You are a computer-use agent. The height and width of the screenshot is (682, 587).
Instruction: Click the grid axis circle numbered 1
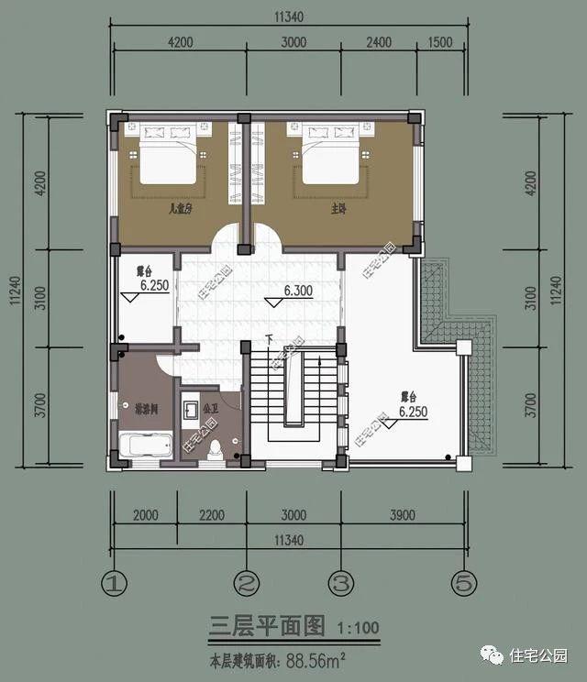tap(113, 582)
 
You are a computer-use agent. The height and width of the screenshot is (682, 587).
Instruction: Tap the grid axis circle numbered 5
tap(463, 582)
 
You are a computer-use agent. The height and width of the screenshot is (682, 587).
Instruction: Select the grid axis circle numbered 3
tap(339, 582)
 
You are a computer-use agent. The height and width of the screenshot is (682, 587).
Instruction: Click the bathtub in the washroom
tap(148, 446)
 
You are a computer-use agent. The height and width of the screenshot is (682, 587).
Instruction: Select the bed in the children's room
tap(168, 162)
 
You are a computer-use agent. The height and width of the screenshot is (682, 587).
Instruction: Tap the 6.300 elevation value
tap(299, 291)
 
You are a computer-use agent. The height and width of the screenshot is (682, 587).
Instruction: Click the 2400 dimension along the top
tap(378, 42)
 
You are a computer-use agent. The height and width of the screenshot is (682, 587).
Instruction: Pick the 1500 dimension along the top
tap(440, 42)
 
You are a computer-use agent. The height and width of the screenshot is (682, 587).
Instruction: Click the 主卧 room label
tap(337, 210)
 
